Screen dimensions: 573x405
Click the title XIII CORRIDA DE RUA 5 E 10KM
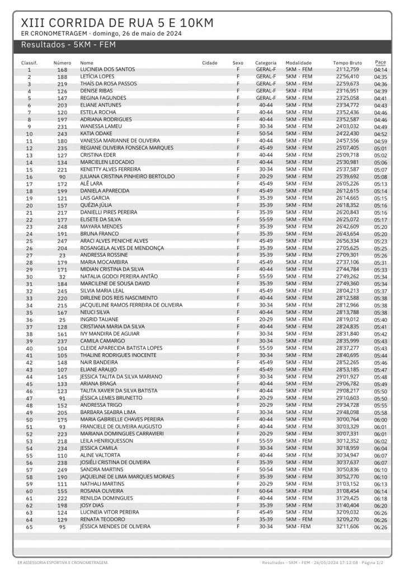pyautogui.click(x=117, y=22)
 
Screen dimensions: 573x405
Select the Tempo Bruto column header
pyautogui.click(x=347, y=63)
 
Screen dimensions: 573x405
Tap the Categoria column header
pyautogui.click(x=266, y=63)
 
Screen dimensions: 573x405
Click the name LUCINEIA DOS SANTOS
pyautogui.click(x=107, y=69)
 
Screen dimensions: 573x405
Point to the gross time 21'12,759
pyautogui.click(x=347, y=69)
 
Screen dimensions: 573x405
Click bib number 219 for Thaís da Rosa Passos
pyautogui.click(x=62, y=83)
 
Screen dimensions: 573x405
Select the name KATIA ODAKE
pyautogui.click(x=97, y=134)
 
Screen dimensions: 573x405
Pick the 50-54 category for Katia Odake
pyautogui.click(x=266, y=134)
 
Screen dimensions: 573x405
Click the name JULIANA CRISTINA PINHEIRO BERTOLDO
pyautogui.click(x=128, y=176)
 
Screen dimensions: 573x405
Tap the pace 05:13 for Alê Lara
pyautogui.click(x=380, y=184)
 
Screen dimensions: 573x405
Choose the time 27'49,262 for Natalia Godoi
pyautogui.click(x=347, y=276)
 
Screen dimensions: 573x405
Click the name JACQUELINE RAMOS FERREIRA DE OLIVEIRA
pyautogui.click(x=131, y=305)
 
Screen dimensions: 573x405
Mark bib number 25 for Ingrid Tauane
pyautogui.click(x=62, y=320)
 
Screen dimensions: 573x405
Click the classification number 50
pyautogui.click(x=29, y=420)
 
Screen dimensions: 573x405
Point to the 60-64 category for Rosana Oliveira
pyautogui.click(x=266, y=491)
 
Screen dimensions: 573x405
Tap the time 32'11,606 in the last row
pyautogui.click(x=347, y=527)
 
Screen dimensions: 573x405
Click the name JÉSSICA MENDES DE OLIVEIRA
pyautogui.click(x=115, y=527)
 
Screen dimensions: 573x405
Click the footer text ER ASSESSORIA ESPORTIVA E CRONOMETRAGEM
pyautogui.click(x=62, y=562)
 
